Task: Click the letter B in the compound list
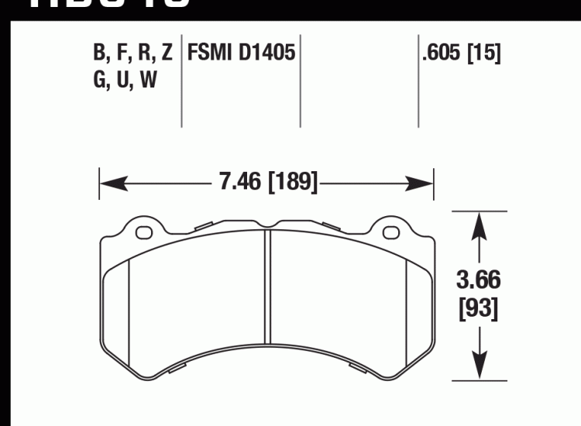(x=99, y=54)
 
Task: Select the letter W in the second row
(x=149, y=81)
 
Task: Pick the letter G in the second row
(x=99, y=81)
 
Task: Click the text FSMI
(x=206, y=54)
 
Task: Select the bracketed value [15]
(x=483, y=54)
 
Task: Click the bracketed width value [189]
(x=291, y=184)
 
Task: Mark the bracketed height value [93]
(x=479, y=310)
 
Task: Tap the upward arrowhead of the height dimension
(x=480, y=225)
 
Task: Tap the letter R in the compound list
(x=143, y=54)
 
